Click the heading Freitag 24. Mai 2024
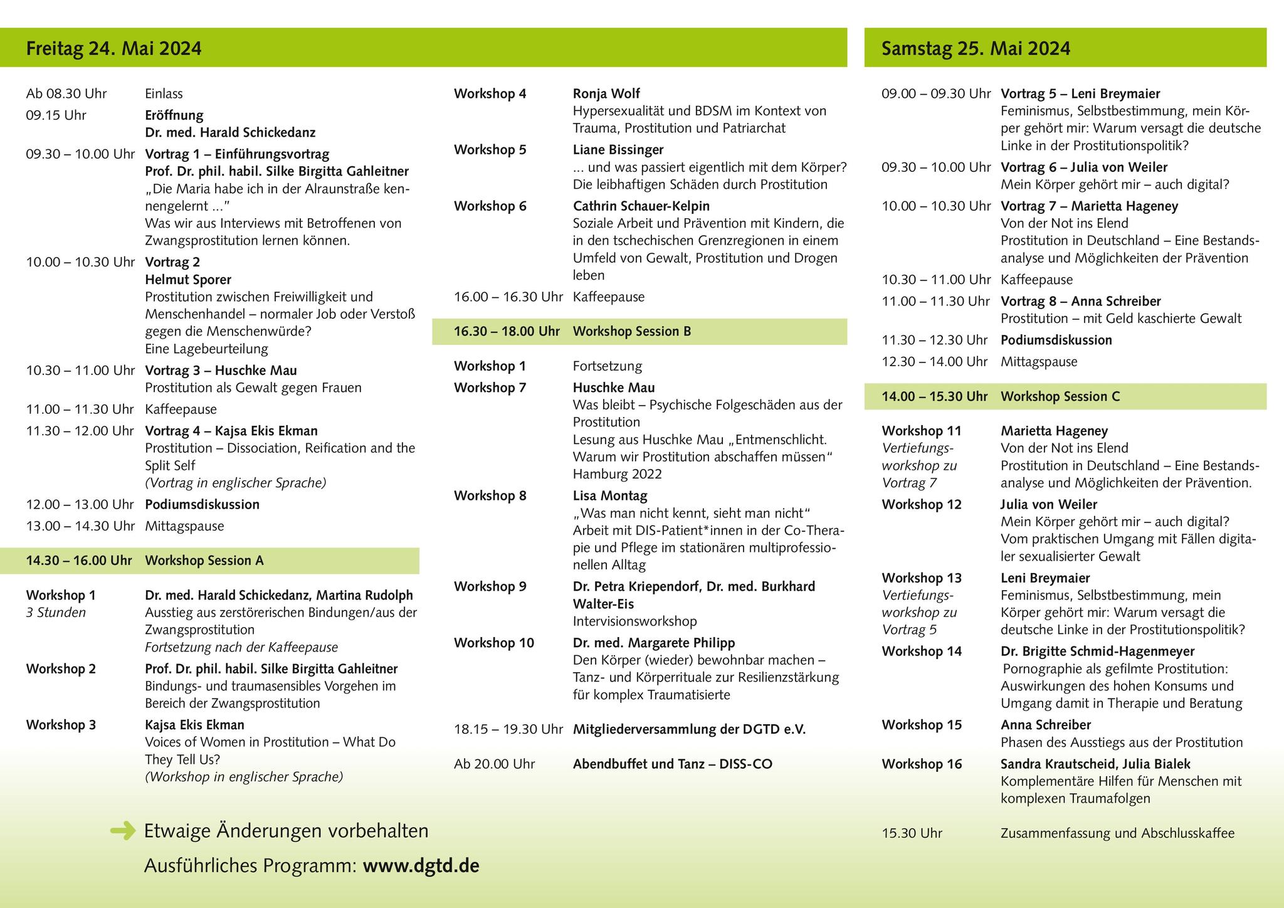[113, 48]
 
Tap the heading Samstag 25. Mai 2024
[976, 48]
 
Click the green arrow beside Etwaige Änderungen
[123, 831]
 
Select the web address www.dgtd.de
[421, 866]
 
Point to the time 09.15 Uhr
[56, 115]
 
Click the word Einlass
[164, 94]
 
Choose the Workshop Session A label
[204, 561]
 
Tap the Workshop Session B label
[631, 331]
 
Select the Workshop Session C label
[1060, 396]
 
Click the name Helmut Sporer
[188, 280]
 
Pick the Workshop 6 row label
[490, 206]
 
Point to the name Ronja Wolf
[606, 94]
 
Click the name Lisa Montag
[609, 496]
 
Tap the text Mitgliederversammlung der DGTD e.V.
[689, 729]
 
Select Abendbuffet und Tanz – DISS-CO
[672, 764]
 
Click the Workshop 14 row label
[921, 652]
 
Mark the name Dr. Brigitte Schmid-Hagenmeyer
[1097, 652]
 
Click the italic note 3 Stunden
[56, 613]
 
